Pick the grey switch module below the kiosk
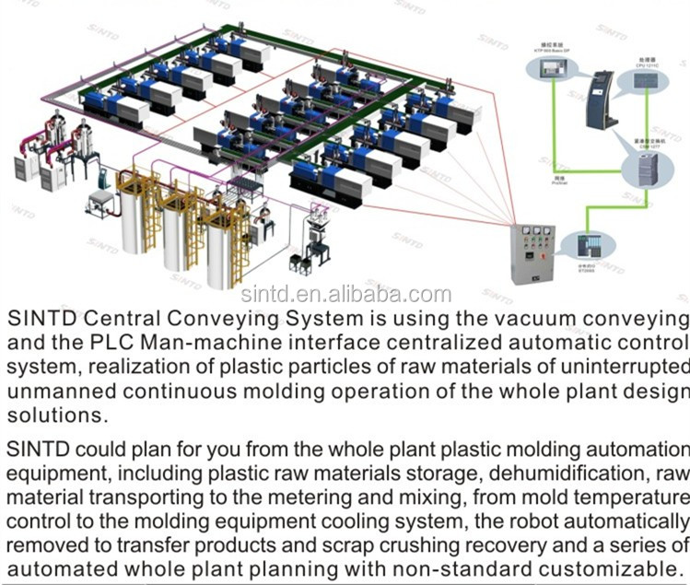pos(642,168)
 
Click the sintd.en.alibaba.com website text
pos(345,295)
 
